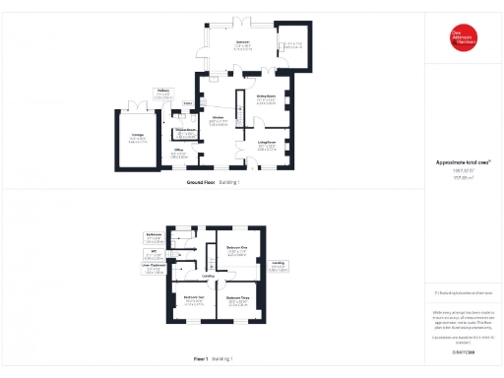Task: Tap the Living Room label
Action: [x=267, y=146]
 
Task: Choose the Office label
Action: [x=178, y=154]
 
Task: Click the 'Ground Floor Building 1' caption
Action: [x=213, y=183]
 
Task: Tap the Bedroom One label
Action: [x=236, y=249]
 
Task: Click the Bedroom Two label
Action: [x=193, y=301]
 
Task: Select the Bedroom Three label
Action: [x=237, y=300]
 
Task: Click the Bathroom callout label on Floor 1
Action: [x=154, y=237]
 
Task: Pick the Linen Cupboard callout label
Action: [x=152, y=268]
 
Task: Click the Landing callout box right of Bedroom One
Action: [x=280, y=266]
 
